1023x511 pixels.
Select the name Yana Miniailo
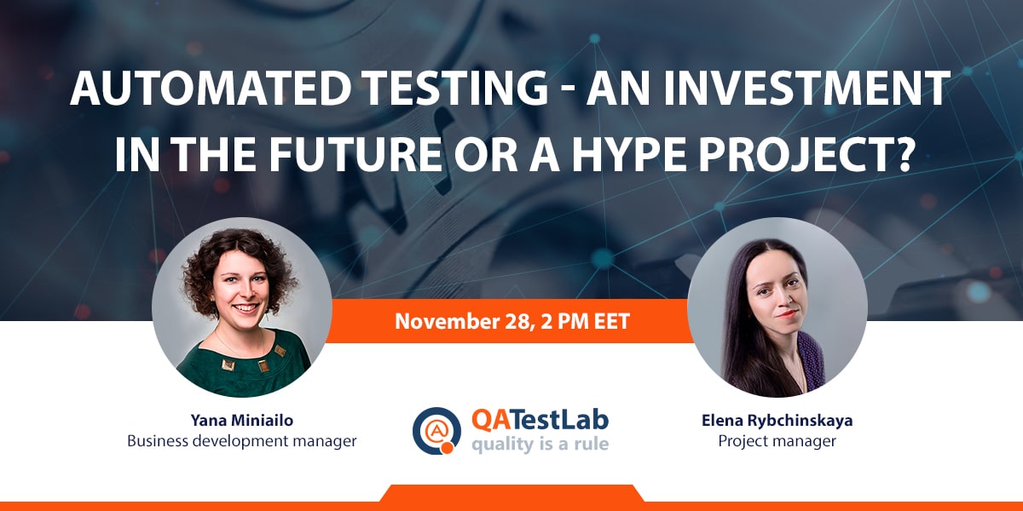(241, 420)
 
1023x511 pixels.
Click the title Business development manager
(241, 441)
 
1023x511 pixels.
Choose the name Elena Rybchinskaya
(777, 420)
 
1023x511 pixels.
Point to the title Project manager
(777, 441)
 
